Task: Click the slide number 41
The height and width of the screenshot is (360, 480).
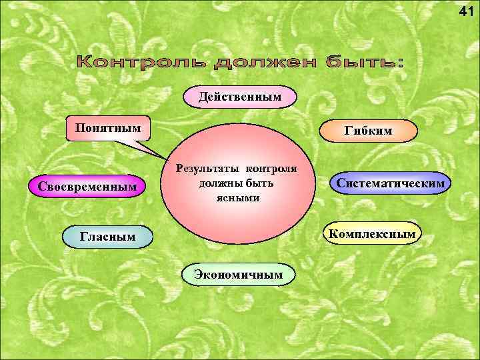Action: click(x=467, y=11)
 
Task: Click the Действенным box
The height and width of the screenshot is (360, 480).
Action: click(x=240, y=97)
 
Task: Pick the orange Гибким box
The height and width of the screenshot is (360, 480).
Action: click(x=369, y=132)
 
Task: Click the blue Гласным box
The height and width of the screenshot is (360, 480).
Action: click(x=107, y=236)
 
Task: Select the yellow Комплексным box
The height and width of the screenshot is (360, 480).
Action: click(x=373, y=233)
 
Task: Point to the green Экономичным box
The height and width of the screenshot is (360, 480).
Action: click(x=239, y=273)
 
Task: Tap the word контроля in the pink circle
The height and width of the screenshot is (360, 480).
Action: click(x=270, y=169)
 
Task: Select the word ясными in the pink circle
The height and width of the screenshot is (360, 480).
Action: click(x=237, y=198)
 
